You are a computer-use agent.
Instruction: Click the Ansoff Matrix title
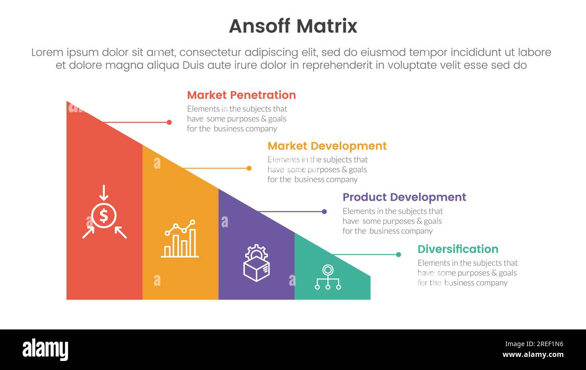pos(293,26)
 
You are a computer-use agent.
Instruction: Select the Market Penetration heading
pos(241,95)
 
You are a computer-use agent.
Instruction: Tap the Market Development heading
pos(327,146)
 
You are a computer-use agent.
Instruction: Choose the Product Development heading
pos(404,197)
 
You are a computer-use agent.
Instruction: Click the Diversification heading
pos(458,249)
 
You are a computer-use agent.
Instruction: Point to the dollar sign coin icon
pos(104,216)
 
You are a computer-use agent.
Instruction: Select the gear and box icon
pos(256,263)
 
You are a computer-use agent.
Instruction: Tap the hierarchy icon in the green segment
pos(328,277)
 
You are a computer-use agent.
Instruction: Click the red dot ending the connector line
pos(169,122)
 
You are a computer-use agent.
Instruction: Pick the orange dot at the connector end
pos(249,168)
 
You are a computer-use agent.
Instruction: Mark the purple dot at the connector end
pos(324,211)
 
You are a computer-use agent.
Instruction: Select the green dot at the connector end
pos(398,255)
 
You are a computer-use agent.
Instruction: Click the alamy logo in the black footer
pos(45,350)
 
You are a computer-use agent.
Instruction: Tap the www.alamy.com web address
pos(533,355)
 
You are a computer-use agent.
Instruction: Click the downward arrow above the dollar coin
pos(104,193)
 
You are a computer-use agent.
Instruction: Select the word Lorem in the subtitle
pos(47,52)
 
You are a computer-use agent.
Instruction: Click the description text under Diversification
pos(467,273)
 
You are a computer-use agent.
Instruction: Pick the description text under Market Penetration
pos(237,119)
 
